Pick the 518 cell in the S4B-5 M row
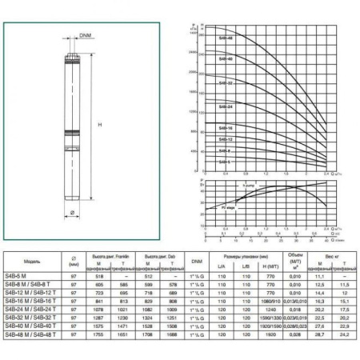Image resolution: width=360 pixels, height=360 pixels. [x=100, y=275]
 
